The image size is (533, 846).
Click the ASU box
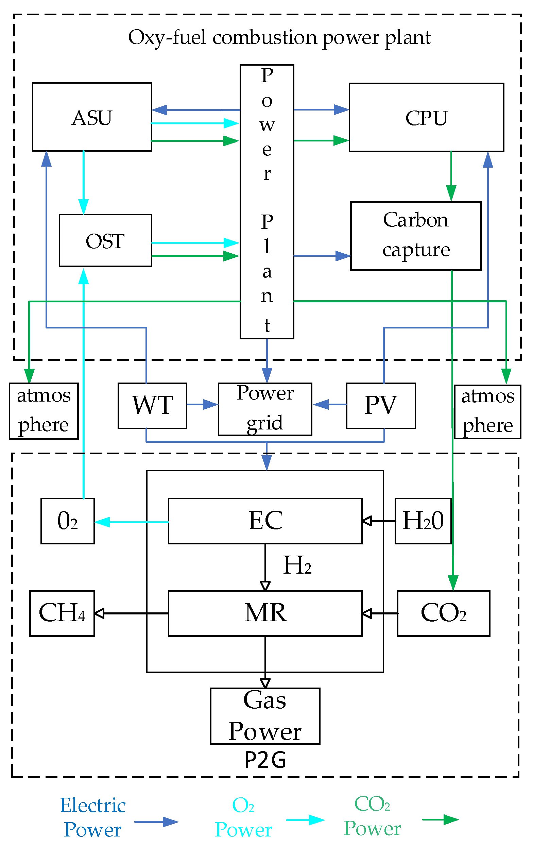click(92, 117)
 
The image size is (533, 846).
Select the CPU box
click(426, 117)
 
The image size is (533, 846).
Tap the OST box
click(105, 241)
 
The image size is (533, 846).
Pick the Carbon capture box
click(416, 236)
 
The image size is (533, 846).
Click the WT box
click(152, 406)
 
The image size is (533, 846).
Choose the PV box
click(381, 406)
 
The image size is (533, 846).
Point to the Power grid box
click(265, 409)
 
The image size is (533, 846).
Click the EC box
click(265, 521)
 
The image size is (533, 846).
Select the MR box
click(265, 613)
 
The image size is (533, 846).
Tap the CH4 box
click(62, 613)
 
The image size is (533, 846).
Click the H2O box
click(423, 521)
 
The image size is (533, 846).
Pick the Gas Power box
click(265, 716)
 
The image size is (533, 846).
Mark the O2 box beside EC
click(67, 521)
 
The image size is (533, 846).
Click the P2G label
click(265, 760)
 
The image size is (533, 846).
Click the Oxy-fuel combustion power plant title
click(279, 37)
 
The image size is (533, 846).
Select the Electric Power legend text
click(93, 817)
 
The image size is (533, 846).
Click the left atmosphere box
click(44, 411)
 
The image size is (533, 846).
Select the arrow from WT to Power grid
click(202, 404)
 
